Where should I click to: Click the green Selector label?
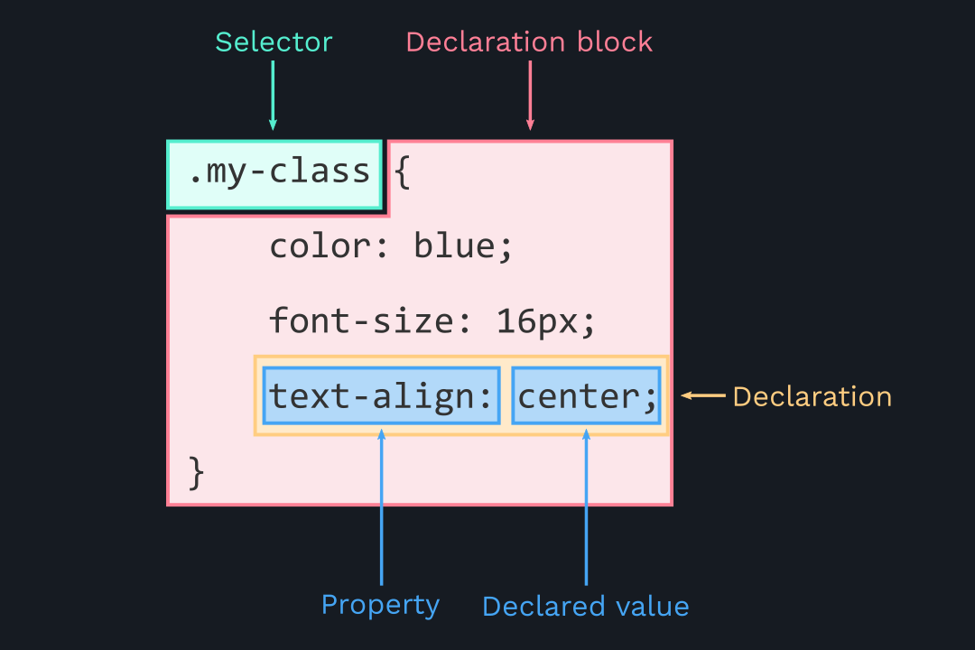point(274,42)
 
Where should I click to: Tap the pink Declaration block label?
point(529,42)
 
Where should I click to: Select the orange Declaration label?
point(812,396)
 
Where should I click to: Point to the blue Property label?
point(380,605)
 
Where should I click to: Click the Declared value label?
point(585,607)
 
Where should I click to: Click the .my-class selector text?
point(279,172)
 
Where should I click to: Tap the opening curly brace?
point(403,172)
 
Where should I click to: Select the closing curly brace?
point(197,471)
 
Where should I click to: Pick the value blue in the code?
point(454,246)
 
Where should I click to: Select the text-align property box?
point(380,396)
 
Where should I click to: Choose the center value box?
point(585,396)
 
